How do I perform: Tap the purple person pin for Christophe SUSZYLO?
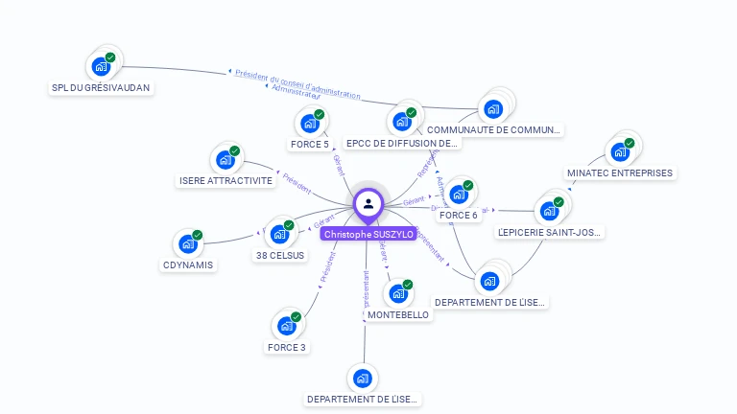[x=368, y=204]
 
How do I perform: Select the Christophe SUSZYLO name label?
[x=368, y=234]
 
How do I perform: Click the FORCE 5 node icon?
[x=309, y=124]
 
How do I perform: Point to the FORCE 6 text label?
[x=458, y=216]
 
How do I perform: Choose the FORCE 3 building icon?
[x=286, y=326]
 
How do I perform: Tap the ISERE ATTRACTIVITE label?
[x=226, y=181]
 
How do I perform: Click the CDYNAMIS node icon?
[x=187, y=243]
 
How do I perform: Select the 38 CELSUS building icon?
[x=279, y=234]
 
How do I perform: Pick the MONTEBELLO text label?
[x=398, y=315]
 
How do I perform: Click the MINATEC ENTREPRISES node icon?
[x=619, y=151]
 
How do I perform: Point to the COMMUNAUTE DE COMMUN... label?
[x=494, y=129]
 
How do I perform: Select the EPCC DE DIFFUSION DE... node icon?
[x=401, y=122]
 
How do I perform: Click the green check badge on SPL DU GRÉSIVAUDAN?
[x=110, y=57]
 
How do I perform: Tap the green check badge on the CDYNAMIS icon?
[x=198, y=235]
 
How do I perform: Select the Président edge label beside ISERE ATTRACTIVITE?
[x=297, y=183]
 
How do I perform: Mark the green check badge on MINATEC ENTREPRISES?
[x=630, y=143]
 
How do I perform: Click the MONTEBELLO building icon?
[x=397, y=293]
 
